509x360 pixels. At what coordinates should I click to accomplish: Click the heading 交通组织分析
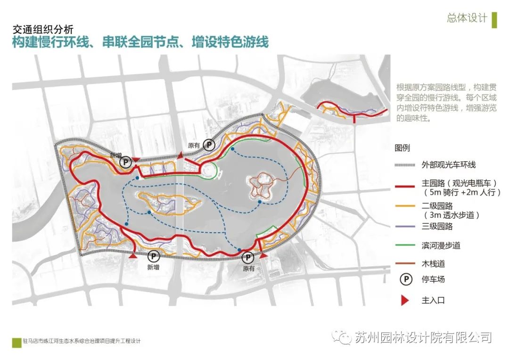[x=43, y=29]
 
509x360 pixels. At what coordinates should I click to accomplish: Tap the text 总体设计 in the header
[x=467, y=18]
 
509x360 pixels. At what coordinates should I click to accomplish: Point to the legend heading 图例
[x=402, y=148]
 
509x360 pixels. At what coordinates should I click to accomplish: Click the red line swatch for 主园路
[x=405, y=187]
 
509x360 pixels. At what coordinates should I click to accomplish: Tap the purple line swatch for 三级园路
[x=405, y=227]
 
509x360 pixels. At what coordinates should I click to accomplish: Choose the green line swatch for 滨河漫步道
[x=405, y=245]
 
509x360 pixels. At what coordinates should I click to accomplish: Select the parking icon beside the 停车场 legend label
[x=405, y=279]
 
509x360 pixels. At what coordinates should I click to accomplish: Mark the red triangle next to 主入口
[x=405, y=300]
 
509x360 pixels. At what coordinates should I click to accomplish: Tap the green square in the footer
[x=16, y=341]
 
